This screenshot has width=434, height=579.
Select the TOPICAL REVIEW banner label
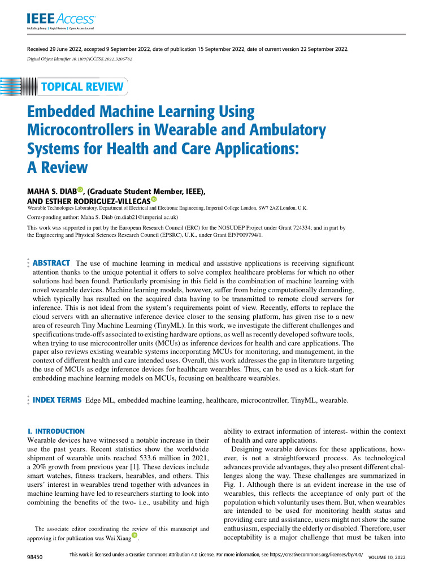tap(82, 87)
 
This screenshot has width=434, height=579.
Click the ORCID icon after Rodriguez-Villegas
tap(154, 200)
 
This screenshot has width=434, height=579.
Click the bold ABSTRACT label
tap(52, 263)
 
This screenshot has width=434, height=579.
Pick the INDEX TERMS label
tap(57, 400)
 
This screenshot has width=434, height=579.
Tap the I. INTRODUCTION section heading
tap(56, 431)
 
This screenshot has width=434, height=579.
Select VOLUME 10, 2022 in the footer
tap(387, 558)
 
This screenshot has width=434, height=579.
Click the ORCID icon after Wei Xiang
tap(134, 535)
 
